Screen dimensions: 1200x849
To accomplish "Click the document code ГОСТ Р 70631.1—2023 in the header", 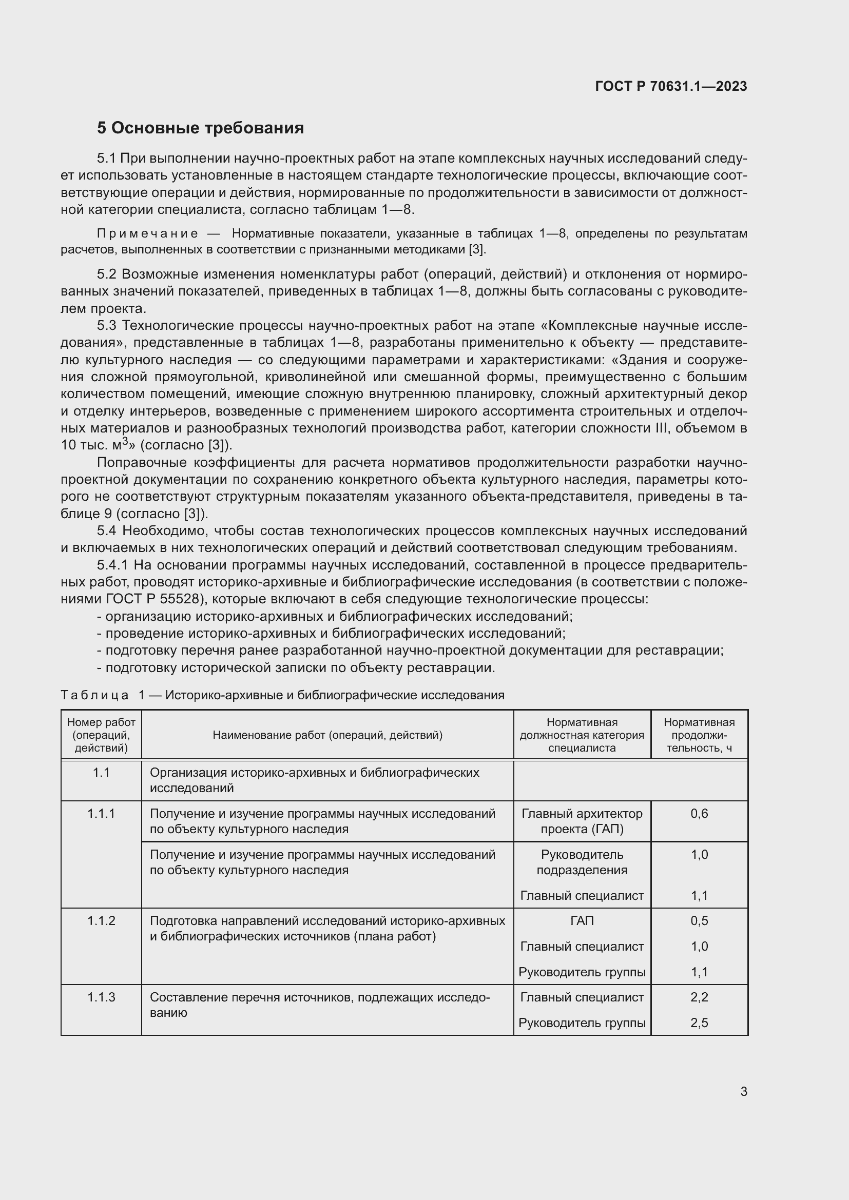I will point(671,86).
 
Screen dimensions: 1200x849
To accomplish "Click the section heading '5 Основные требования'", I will point(200,128).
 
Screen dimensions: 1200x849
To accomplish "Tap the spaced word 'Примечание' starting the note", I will point(147,233).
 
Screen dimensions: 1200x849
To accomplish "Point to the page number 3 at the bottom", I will point(743,1091).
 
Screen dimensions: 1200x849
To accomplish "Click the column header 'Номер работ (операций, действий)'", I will point(101,735).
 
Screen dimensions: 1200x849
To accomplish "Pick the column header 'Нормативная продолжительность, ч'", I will point(699,735).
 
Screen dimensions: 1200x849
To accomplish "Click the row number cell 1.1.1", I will point(101,814).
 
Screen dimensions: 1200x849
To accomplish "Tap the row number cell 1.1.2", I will point(101,920).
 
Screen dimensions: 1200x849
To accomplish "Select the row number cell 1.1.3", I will point(101,997).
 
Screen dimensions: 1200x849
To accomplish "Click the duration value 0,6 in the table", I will point(699,814).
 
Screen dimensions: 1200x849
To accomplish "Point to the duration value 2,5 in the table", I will point(699,1023).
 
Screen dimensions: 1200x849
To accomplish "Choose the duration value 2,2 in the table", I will point(699,997).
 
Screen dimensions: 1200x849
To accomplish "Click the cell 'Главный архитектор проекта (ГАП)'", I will point(582,821).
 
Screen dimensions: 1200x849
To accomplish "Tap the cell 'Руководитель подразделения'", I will point(582,862).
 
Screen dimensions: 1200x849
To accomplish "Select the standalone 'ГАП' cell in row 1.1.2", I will point(582,920).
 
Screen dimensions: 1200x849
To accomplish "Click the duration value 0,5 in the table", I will point(699,920).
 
